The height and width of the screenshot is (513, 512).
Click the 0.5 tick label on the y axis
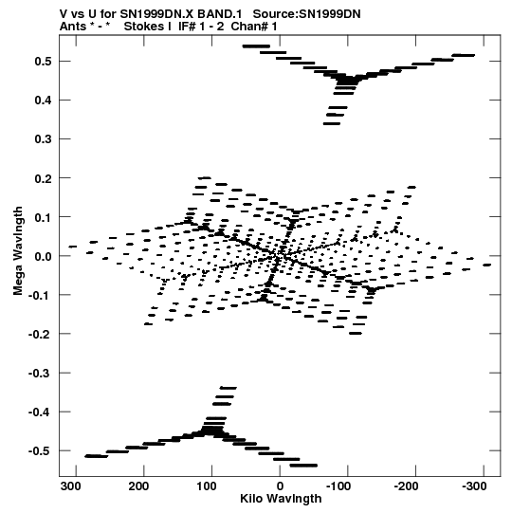tap(44, 62)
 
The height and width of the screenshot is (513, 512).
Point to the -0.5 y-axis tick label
tap(41, 450)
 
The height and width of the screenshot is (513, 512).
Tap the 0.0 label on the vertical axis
tap(44, 256)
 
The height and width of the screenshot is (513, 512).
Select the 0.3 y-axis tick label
tap(44, 139)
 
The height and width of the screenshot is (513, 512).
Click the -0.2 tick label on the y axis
tap(41, 334)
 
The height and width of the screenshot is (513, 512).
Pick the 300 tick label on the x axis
tap(71, 486)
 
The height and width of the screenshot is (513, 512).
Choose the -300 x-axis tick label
tap(474, 486)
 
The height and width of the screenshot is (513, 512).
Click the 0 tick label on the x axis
tap(280, 486)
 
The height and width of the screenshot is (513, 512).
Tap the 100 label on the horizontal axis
tap(207, 486)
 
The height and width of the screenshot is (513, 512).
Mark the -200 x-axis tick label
tap(406, 486)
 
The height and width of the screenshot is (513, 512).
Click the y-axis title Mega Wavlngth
tap(18, 251)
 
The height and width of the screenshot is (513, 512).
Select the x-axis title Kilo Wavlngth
tap(281, 499)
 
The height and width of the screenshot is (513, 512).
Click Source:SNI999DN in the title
tap(307, 14)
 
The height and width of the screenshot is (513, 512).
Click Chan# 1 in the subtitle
tap(254, 27)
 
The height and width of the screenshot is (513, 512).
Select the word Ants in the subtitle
tap(73, 27)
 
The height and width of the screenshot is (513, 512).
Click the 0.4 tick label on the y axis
tap(44, 101)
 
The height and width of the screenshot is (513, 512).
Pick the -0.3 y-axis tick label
tap(41, 373)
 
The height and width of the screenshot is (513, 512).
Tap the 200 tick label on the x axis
tap(138, 486)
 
